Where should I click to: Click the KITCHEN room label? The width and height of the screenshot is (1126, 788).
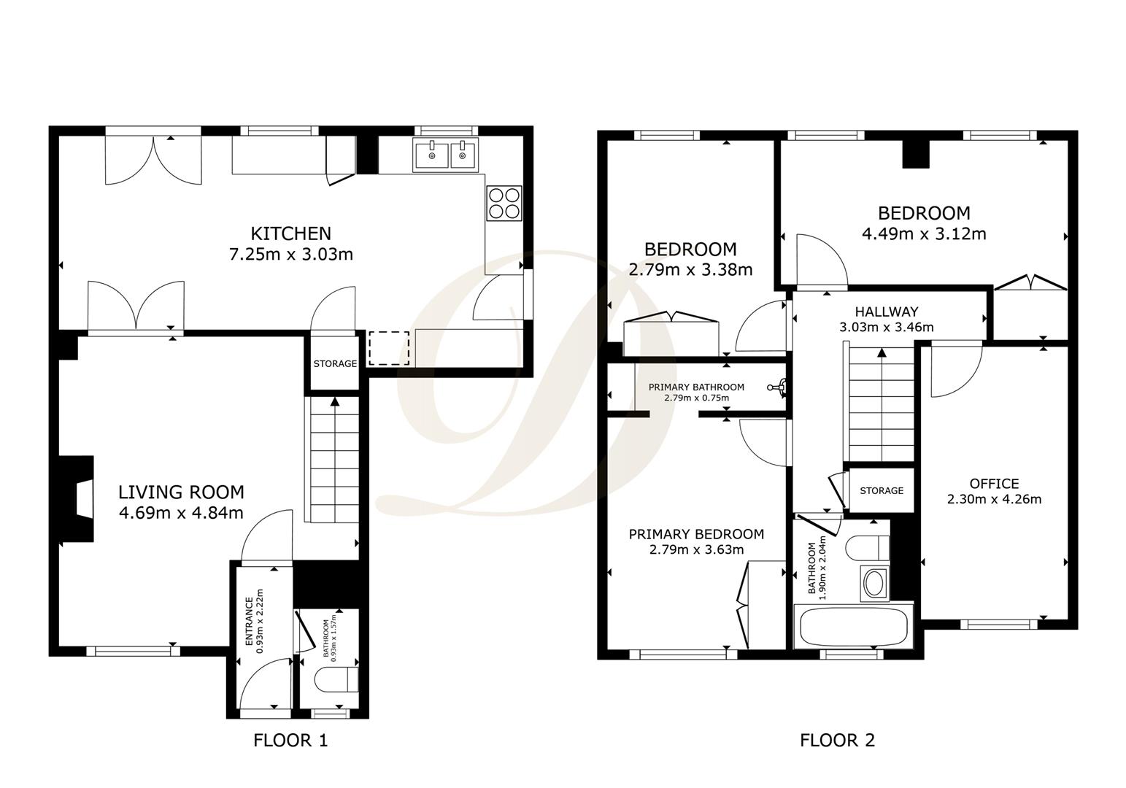tap(290, 233)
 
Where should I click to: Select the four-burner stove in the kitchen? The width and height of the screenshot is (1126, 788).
tap(504, 203)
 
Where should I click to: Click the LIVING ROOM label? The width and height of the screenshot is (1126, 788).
tap(181, 492)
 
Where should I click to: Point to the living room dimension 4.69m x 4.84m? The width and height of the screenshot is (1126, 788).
tap(181, 513)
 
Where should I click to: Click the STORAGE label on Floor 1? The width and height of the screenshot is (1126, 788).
tap(335, 363)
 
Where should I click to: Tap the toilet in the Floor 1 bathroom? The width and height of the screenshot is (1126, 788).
tap(336, 680)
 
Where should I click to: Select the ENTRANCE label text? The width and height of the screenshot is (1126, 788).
tap(248, 621)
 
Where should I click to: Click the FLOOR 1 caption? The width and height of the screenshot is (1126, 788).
tap(290, 741)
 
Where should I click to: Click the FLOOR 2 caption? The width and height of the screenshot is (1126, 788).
tap(837, 741)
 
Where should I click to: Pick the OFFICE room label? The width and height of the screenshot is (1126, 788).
tap(994, 484)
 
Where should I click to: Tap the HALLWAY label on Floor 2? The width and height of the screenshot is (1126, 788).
tap(887, 312)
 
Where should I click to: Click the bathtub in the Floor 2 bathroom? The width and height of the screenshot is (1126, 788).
tap(853, 626)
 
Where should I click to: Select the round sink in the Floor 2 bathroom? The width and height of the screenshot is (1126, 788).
tap(873, 582)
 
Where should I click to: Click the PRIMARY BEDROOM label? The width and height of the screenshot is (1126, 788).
tap(696, 534)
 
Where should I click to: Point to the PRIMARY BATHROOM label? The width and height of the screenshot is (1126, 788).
tap(696, 387)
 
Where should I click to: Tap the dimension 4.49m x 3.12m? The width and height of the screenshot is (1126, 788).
tap(924, 234)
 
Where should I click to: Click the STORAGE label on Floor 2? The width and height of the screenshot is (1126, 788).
tap(881, 490)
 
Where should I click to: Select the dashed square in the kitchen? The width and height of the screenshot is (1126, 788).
tap(388, 348)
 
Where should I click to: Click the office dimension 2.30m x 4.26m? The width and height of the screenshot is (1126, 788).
tap(994, 500)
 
